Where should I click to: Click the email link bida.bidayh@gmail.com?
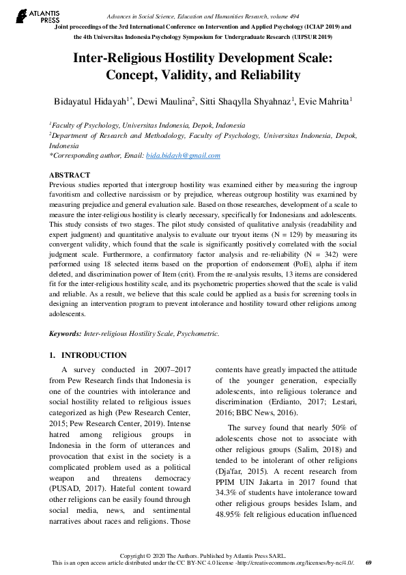tap(183, 156)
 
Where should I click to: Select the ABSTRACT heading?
tap(70, 175)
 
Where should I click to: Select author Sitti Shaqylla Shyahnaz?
tap(246, 102)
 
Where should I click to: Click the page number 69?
tap(368, 562)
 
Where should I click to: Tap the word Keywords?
tap(65, 334)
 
